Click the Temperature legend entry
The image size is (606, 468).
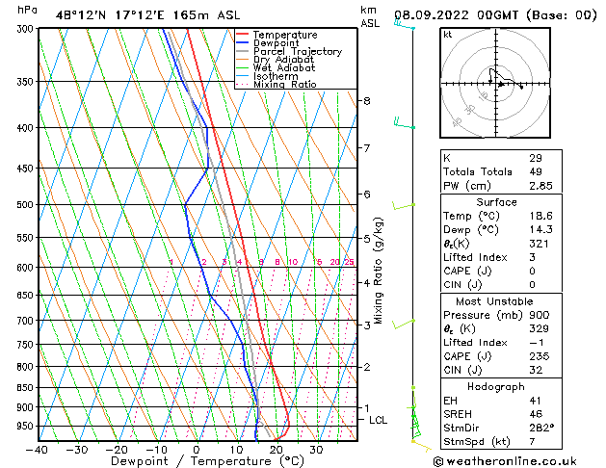285,35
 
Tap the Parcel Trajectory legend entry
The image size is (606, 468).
297,52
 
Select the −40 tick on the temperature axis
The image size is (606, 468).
38,450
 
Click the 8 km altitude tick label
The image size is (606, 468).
367,100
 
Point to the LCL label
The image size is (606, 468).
379,420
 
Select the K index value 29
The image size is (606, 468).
535,158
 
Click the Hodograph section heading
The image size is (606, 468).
496,386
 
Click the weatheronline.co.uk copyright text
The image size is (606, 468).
513,459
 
